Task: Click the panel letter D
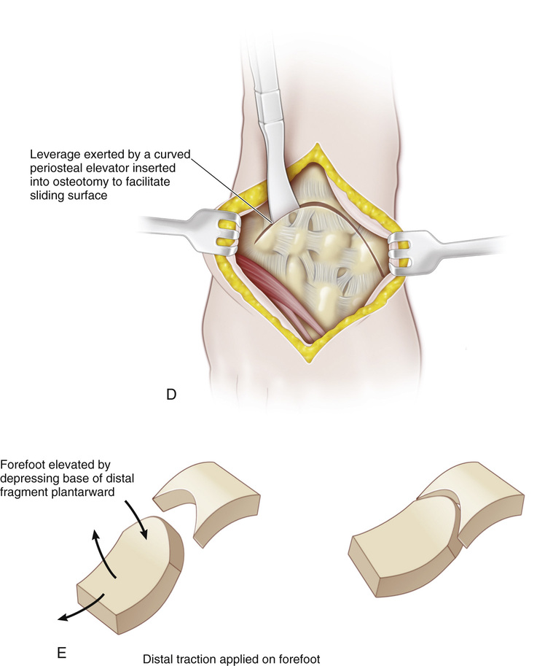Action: tap(171, 395)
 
